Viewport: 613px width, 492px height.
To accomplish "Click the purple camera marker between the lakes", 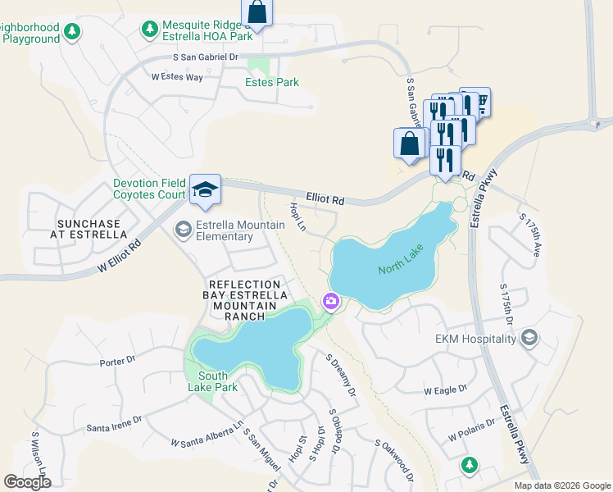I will click(x=331, y=302).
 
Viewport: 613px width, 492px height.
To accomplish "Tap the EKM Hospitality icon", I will click(x=529, y=338).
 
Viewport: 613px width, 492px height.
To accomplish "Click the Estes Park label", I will click(x=272, y=82).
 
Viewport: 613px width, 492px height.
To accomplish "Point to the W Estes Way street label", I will click(x=177, y=77).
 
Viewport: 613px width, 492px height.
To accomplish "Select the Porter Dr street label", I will click(x=117, y=360).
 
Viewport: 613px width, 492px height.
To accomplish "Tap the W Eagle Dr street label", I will click(x=445, y=389).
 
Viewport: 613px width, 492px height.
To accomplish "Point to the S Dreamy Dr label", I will click(x=341, y=376).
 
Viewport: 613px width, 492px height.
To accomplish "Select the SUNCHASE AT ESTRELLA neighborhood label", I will click(x=89, y=230).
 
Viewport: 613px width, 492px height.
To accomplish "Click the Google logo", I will click(x=27, y=482).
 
